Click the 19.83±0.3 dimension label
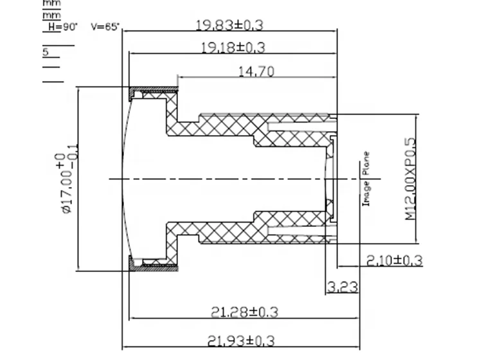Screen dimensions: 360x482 tap(229, 26)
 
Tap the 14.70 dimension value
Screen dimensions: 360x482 tap(256, 71)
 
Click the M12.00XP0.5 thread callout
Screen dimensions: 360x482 tap(411, 180)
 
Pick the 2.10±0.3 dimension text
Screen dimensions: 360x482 tap(394, 260)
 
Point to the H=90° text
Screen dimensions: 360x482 tap(63, 27)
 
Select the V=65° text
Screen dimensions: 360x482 tap(105, 27)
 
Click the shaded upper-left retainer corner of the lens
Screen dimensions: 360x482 tap(134, 94)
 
